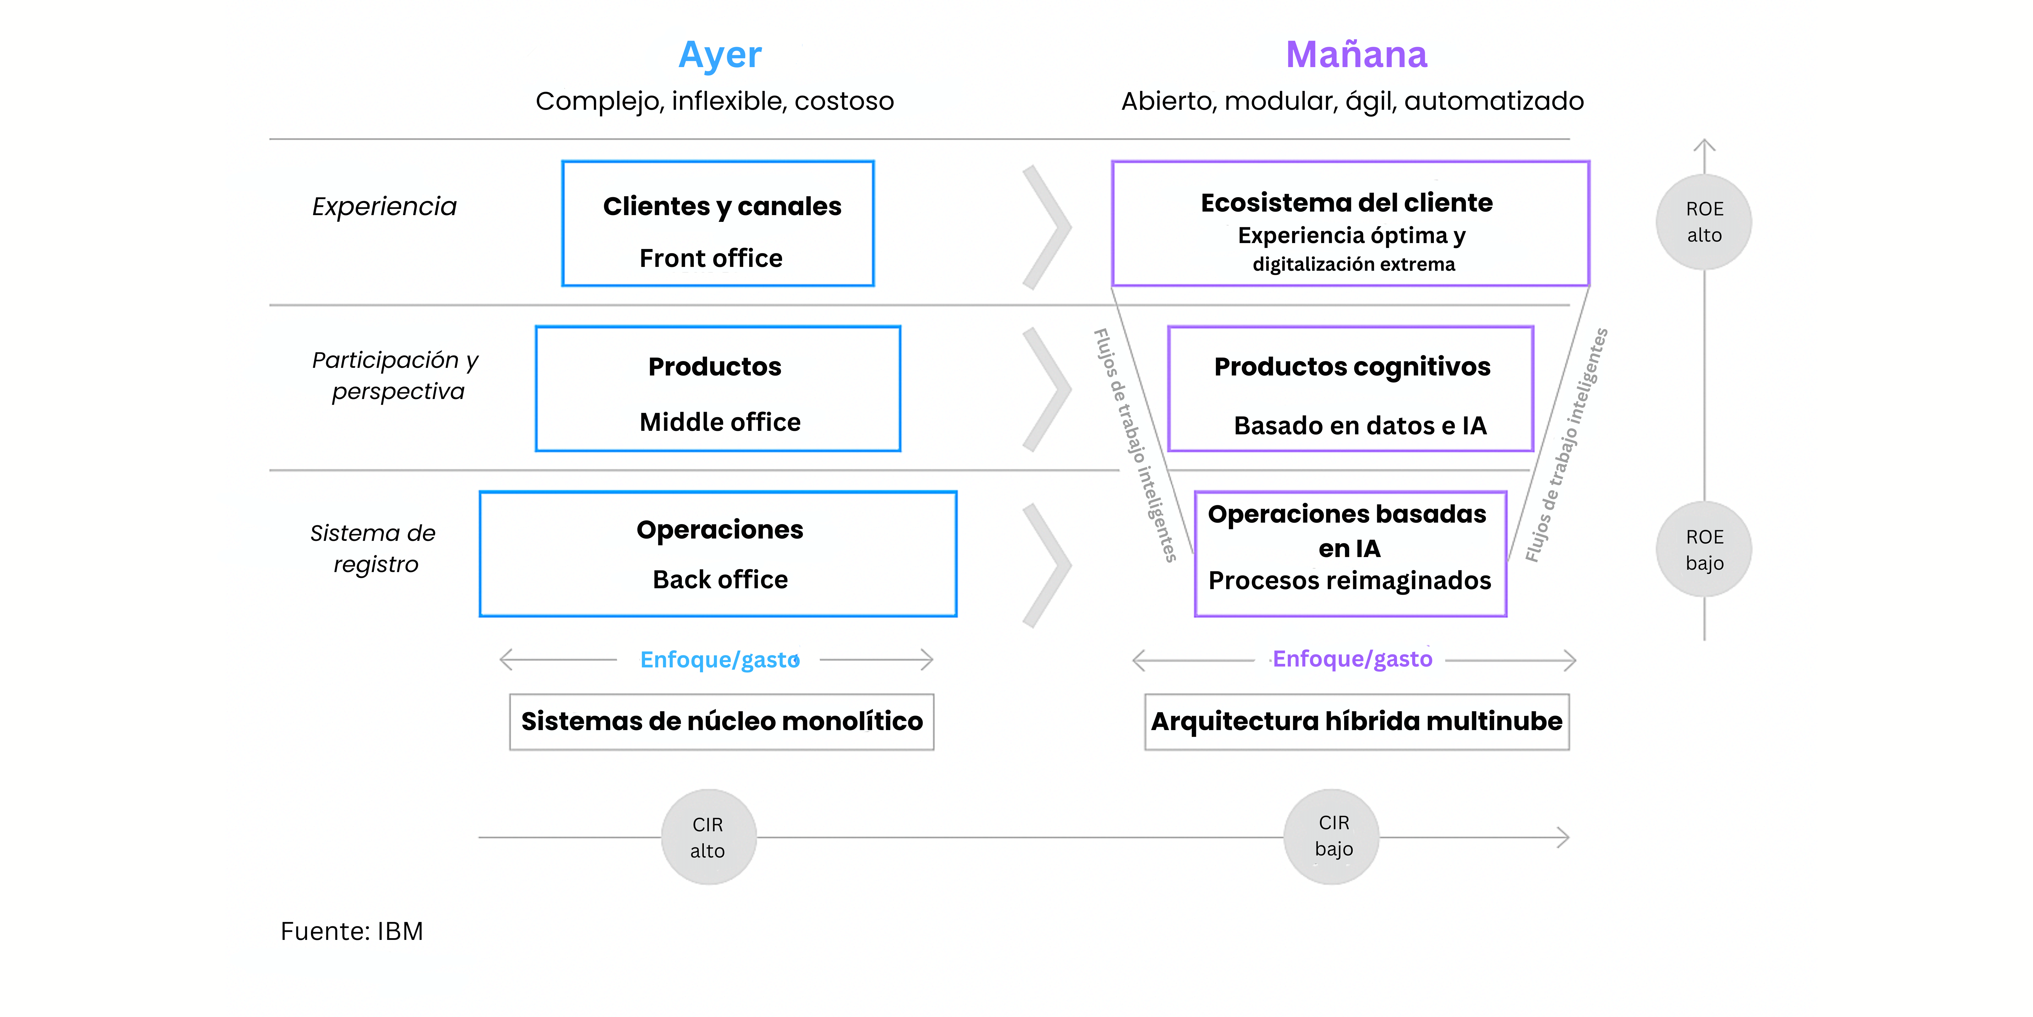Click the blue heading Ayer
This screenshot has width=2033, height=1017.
(720, 55)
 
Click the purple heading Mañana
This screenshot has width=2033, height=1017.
(1356, 55)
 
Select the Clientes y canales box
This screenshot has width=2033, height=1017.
(717, 223)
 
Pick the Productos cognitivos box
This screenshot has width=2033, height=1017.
(1350, 388)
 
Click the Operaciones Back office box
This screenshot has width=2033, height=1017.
(717, 554)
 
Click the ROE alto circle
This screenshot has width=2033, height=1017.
(1704, 222)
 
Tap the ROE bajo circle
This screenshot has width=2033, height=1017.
(1704, 550)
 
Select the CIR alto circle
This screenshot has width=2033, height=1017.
(708, 837)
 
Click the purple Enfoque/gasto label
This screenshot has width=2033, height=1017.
(1352, 659)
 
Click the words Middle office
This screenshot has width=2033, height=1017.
(720, 423)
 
